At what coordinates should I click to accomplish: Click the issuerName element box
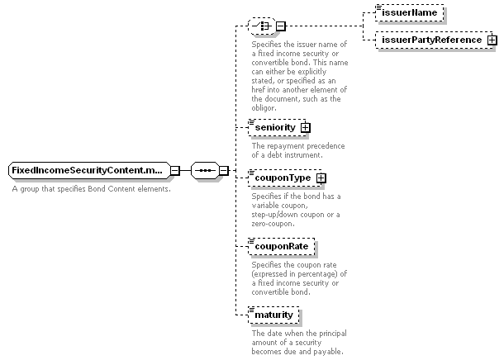tap(409, 13)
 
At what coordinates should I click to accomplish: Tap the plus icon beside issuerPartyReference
tap(492, 40)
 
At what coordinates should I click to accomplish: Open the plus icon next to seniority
tap(306, 128)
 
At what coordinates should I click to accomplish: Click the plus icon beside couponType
tap(321, 178)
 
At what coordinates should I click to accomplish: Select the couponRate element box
tap(282, 247)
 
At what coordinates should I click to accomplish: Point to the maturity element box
tap(273, 315)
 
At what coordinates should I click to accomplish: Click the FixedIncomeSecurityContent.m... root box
tap(89, 171)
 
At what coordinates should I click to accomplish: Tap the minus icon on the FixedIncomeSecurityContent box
tap(175, 171)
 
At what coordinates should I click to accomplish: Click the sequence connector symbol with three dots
tap(206, 171)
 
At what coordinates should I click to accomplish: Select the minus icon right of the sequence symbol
tap(224, 171)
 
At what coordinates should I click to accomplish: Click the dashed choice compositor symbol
tap(262, 26)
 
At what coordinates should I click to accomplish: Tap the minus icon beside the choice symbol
tap(281, 26)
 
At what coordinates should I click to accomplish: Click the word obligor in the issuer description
tap(264, 108)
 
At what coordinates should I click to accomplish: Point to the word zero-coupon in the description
tap(273, 224)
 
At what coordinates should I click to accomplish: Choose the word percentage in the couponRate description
tap(318, 274)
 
